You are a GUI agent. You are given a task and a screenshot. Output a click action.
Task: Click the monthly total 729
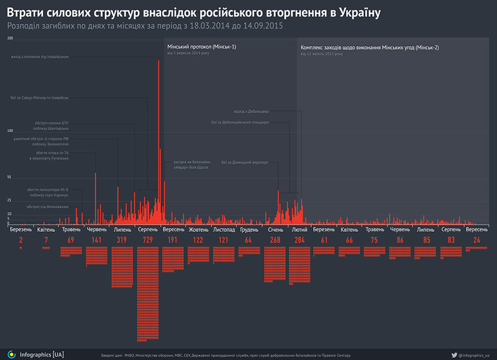pos(148,239)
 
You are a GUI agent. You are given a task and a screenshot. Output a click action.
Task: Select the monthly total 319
pos(122,239)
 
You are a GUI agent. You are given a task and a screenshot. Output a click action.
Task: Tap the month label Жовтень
pos(199,229)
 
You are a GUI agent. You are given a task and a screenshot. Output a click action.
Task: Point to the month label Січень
pos(275,229)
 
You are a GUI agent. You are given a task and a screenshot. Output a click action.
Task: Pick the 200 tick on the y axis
pos(9,39)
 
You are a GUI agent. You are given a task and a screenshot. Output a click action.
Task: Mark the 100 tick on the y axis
pos(9,131)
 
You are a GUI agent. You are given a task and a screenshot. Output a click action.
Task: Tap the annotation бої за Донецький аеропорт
pos(245,163)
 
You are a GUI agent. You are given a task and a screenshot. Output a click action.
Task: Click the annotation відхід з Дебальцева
pos(252,111)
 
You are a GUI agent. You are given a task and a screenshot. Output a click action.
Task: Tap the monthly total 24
pos(477,239)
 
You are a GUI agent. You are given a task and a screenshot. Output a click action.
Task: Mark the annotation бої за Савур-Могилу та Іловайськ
pos(39,98)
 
